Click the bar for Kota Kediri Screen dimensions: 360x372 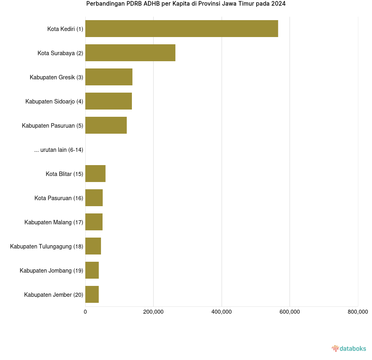coord(181,29)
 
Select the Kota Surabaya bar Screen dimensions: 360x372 coord(130,53)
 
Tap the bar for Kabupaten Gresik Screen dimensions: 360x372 coord(109,77)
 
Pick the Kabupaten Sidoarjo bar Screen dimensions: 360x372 coord(109,101)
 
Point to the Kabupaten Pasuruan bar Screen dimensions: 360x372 coord(106,125)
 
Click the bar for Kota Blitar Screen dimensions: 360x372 coord(95,174)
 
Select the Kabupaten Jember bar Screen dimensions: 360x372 coord(92,294)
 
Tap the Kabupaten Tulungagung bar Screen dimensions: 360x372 coord(93,246)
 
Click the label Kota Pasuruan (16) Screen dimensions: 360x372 coord(59,198)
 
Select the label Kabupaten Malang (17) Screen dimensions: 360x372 coord(53,222)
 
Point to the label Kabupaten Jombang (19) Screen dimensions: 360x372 coord(51,271)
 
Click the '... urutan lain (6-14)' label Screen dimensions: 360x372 coord(59,150)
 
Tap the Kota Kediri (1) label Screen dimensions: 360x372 coord(65,29)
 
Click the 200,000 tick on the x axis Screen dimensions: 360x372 coord(153,312)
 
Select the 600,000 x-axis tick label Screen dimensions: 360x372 coord(290,312)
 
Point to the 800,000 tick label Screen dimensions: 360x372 coord(358,312)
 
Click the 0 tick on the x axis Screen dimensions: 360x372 coord(85,312)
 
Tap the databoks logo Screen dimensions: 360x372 coord(349,348)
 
